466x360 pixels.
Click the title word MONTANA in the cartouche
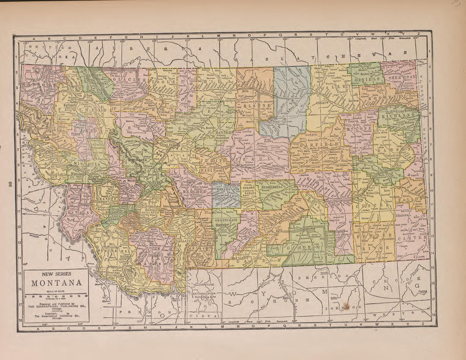(x=56, y=283)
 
